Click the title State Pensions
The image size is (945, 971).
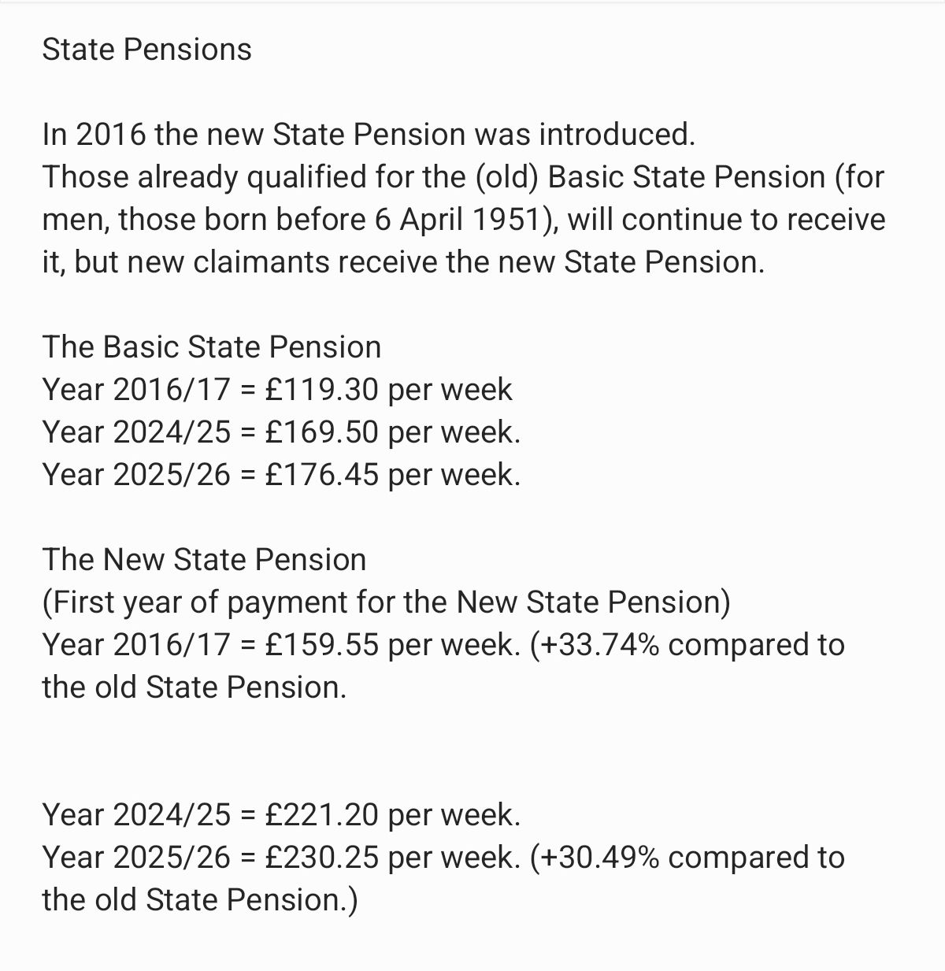[146, 50]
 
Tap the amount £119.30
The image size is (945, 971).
[322, 390]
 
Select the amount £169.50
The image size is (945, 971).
[322, 432]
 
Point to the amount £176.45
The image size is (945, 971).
[322, 475]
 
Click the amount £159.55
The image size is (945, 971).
[322, 645]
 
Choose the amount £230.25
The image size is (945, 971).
[322, 858]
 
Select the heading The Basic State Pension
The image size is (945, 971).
[211, 347]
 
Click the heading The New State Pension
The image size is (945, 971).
[204, 560]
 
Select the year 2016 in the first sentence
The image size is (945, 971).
[111, 135]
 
